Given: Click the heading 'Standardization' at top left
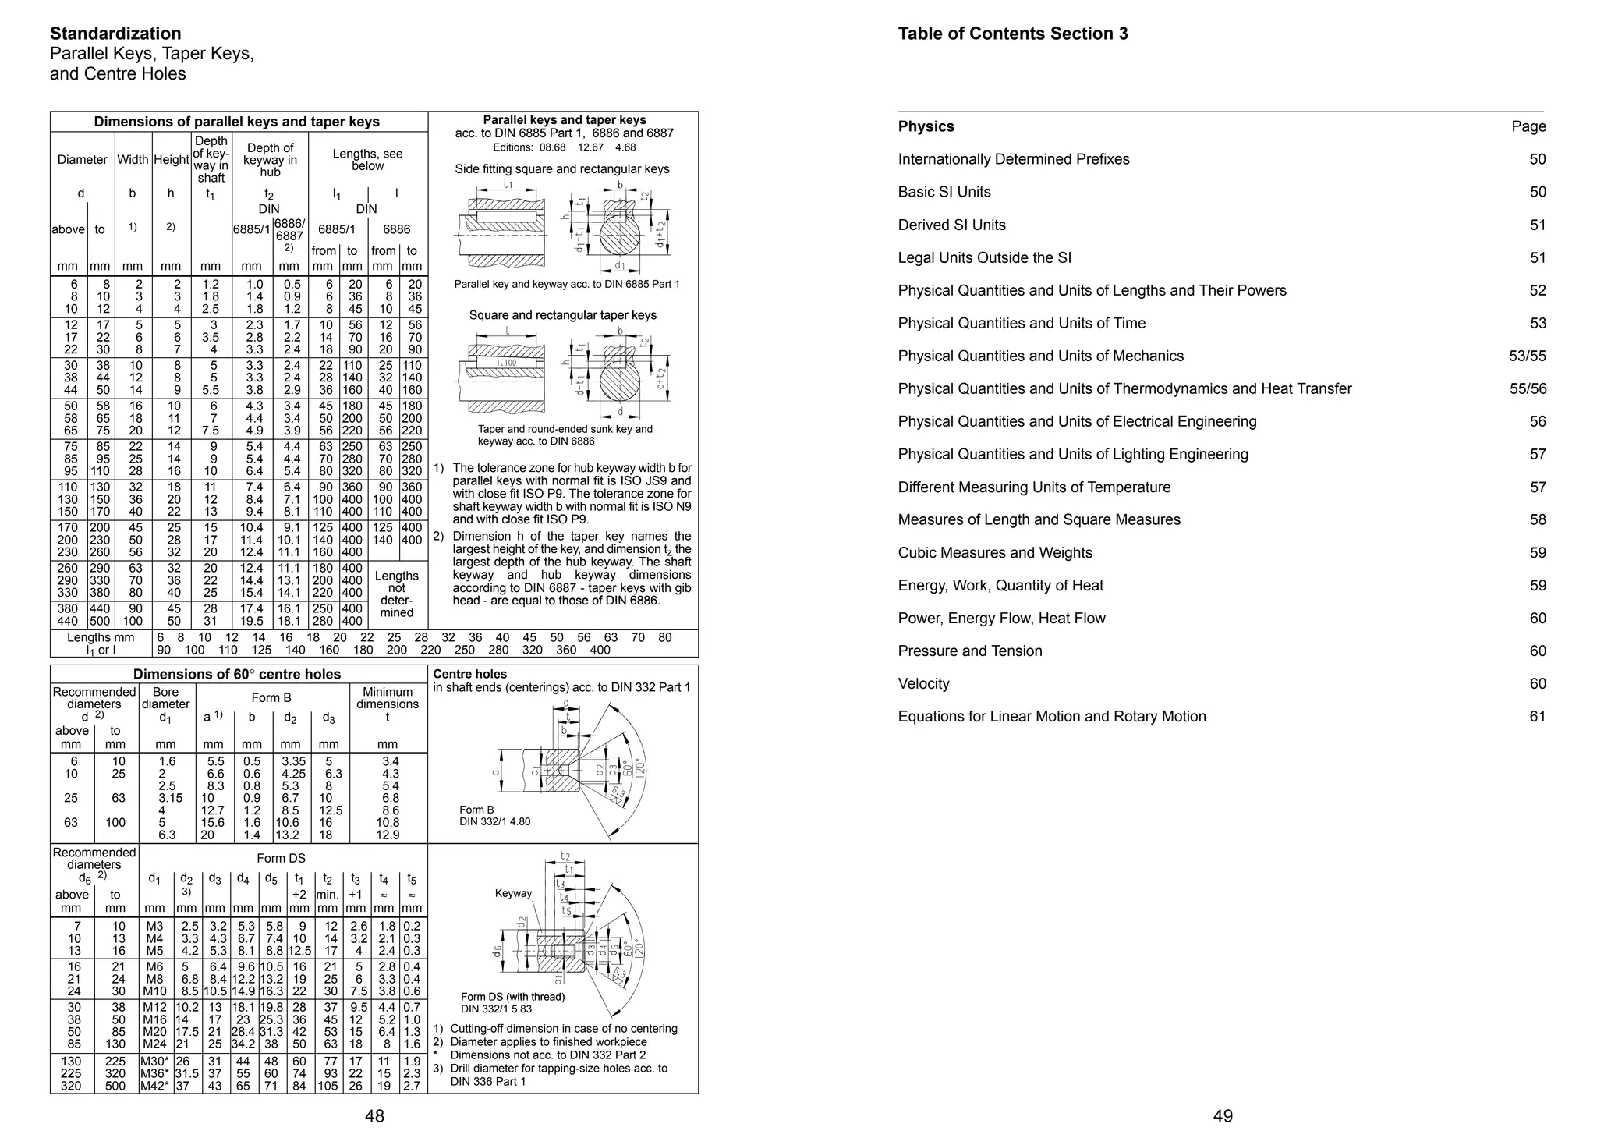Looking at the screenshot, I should point(115,34).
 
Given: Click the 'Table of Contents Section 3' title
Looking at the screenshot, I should point(1012,34).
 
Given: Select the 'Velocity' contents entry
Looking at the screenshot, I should point(923,684).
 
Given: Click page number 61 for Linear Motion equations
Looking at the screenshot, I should point(1536,717).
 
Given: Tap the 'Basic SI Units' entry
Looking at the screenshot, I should point(944,192).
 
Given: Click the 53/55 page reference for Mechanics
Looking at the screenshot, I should point(1527,356).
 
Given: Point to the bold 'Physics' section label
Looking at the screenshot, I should point(926,126).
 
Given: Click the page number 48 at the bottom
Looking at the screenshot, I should point(374,1116).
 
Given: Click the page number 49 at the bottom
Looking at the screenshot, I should point(1223,1116).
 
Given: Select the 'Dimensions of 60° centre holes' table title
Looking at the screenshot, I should point(237,674).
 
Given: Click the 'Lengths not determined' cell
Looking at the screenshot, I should point(396,594).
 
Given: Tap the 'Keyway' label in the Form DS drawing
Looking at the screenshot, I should point(513,894).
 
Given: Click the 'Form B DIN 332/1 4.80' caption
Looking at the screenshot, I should point(494,816).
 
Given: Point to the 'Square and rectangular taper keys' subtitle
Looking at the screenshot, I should point(562,315).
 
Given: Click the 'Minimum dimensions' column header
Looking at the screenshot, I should point(388,698).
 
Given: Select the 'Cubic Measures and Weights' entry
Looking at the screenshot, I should point(994,553).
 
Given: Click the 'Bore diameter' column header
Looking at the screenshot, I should point(165,698).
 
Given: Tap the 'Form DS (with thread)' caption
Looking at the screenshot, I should point(512,997).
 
